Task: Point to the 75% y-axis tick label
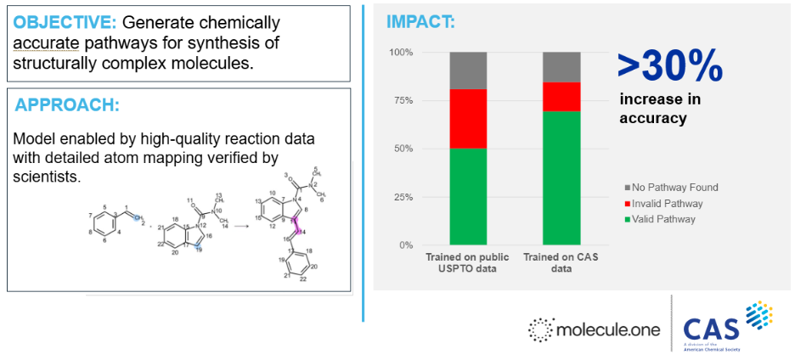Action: [402, 101]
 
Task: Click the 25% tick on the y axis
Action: [402, 197]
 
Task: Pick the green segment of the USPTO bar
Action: [468, 196]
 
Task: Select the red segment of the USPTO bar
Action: [468, 119]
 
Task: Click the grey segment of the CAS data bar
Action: [562, 67]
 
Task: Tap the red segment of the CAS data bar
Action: [562, 97]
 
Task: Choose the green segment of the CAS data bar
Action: [562, 178]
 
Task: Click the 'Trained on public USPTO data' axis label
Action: [468, 262]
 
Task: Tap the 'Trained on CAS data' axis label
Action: [562, 262]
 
